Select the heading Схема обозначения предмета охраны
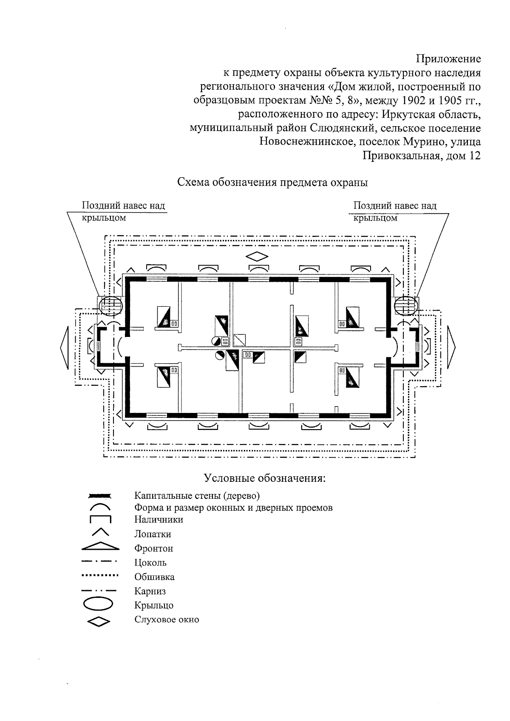pyautogui.click(x=272, y=183)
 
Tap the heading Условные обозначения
pyautogui.click(x=265, y=478)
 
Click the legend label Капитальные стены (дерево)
pyautogui.click(x=197, y=495)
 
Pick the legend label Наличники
pyautogui.click(x=159, y=519)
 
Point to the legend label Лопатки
pyautogui.click(x=153, y=534)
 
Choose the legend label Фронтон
pyautogui.click(x=154, y=549)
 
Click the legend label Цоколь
pyautogui.click(x=150, y=563)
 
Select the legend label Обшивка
pyautogui.click(x=154, y=577)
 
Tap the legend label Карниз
pyautogui.click(x=150, y=591)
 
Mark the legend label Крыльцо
pyautogui.click(x=154, y=605)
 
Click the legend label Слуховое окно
pyautogui.click(x=167, y=619)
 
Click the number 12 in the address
pyautogui.click(x=475, y=156)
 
